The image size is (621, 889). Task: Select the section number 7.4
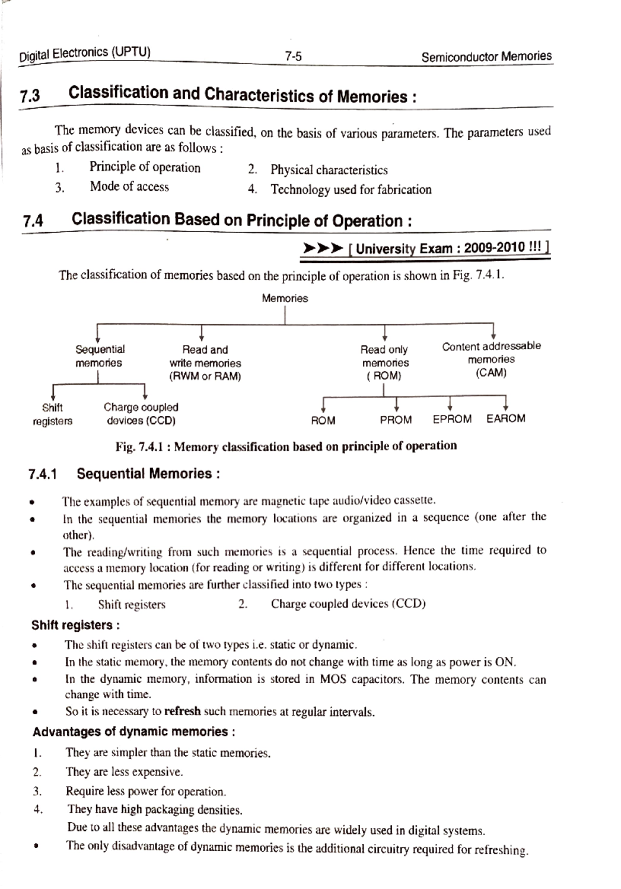pos(33,221)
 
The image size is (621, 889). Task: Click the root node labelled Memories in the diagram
pos(285,298)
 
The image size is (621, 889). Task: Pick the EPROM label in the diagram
pos(452,419)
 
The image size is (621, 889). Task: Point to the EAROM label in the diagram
pos(506,418)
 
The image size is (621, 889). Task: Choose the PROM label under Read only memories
pos(396,420)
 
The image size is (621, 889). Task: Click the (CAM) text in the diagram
pos(491,372)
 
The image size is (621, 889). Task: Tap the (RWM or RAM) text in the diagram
pos(205,376)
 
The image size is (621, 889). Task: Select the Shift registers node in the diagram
pos(52,414)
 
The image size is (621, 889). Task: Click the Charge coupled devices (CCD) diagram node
pos(141,414)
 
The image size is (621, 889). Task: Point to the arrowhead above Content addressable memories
pos(493,335)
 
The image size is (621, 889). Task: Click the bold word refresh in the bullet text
pos(182,711)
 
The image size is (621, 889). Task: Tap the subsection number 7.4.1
pos(42,474)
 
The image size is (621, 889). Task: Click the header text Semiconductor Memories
pos(486,56)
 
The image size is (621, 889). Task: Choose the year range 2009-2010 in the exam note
pos(494,248)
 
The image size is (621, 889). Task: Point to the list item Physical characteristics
pos(329,170)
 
